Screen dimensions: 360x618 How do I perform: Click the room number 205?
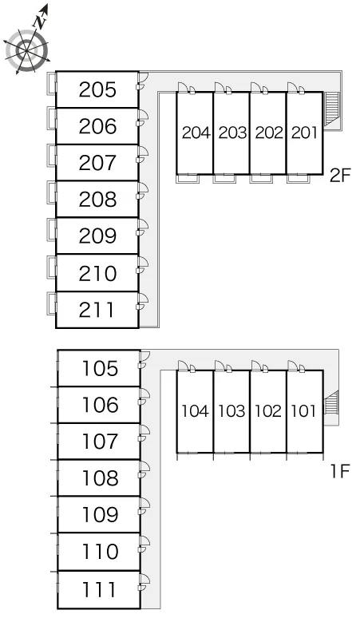(x=97, y=89)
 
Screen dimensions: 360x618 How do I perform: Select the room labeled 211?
(x=97, y=310)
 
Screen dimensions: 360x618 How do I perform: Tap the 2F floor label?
(x=340, y=176)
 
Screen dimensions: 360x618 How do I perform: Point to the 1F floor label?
(x=340, y=470)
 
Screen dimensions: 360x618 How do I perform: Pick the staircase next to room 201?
(x=331, y=109)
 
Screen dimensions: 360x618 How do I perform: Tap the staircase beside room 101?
(x=330, y=402)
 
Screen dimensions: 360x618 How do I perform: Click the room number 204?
(x=196, y=133)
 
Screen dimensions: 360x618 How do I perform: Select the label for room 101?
(x=303, y=411)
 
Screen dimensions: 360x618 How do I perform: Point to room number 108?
(x=100, y=478)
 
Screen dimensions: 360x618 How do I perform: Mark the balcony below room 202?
(x=261, y=179)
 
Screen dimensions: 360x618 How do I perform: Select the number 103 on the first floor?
(x=231, y=411)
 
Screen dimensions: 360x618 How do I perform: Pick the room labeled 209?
(x=97, y=236)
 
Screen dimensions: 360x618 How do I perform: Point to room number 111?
(x=99, y=590)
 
